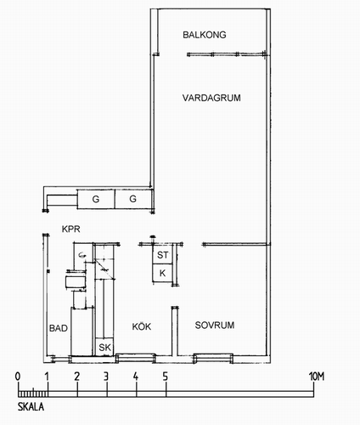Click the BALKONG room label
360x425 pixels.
(205, 35)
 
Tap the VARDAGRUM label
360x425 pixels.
(211, 98)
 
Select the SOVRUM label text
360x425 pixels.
(215, 325)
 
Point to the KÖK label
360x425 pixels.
(142, 326)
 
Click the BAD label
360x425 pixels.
(59, 328)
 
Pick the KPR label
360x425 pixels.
(71, 229)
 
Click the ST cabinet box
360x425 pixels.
(162, 254)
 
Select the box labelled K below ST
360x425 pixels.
(162, 273)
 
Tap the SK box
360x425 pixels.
(104, 347)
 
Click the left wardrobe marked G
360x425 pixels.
(96, 199)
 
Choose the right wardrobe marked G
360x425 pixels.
(132, 199)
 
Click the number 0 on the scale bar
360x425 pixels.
(18, 377)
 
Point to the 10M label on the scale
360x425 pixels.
(317, 377)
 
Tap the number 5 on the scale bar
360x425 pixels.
(166, 377)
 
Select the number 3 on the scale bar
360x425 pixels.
(106, 377)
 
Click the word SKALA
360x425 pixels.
(31, 407)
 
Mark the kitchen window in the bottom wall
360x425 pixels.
(136, 358)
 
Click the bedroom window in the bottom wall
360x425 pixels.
(213, 358)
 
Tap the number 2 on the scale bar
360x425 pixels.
(77, 377)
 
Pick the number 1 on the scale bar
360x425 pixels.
(47, 377)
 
